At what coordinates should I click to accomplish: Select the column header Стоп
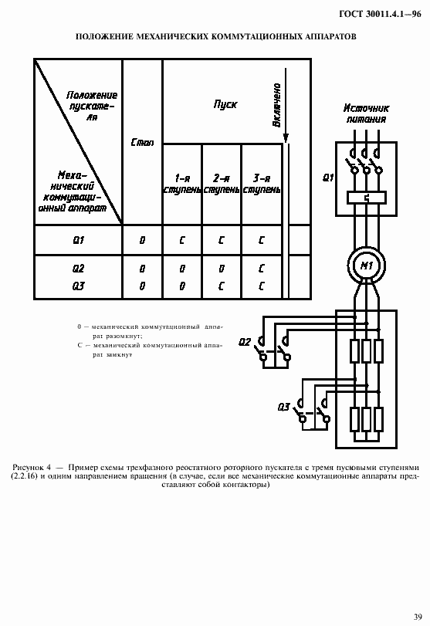pos(142,143)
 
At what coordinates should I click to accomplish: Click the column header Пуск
pos(225,103)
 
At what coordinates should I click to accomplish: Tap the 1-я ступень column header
pos(182,183)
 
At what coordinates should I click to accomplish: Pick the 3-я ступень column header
pos(261,183)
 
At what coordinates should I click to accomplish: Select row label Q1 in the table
pos(78,240)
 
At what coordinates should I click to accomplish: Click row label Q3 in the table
pos(78,285)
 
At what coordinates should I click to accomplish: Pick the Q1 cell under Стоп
pos(142,240)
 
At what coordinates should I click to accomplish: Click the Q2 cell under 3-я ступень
pos(261,269)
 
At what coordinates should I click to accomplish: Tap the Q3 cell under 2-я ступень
pos(222,285)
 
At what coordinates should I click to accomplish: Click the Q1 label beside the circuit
pos(327,178)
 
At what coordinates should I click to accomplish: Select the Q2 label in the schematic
pos(245,341)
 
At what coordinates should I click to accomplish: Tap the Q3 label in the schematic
pos(283,406)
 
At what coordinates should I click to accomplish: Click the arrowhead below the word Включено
pos(286,139)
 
